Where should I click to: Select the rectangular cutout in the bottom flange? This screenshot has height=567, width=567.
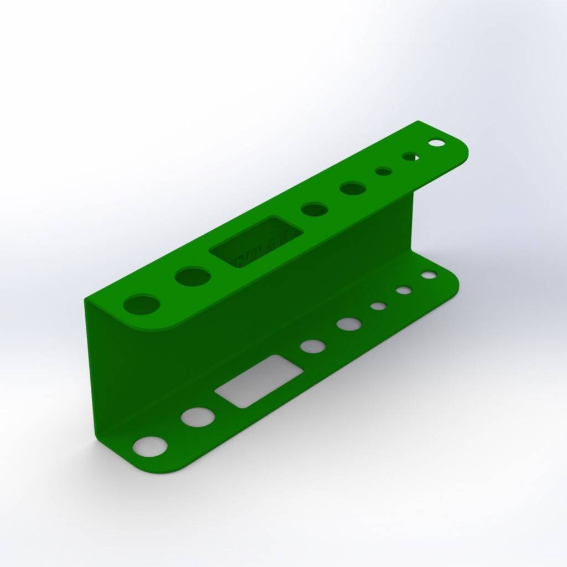coord(259,380)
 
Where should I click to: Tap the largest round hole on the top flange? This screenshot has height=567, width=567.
coord(142,304)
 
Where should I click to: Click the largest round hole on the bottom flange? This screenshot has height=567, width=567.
coord(150,446)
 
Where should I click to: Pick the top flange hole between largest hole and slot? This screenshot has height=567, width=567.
coord(192,276)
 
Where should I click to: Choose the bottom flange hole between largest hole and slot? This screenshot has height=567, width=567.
coord(198,417)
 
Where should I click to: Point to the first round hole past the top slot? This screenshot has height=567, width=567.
coord(314,209)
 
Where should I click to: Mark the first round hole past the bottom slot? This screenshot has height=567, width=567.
coord(313,346)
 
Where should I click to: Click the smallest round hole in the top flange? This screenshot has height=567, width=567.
coord(383,171)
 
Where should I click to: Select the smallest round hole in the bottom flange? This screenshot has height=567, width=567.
coord(378,306)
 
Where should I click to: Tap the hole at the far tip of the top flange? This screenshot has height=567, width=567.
coord(436,143)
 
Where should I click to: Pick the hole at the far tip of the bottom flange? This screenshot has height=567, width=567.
coord(429,275)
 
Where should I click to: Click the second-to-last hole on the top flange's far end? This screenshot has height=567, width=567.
coord(410,157)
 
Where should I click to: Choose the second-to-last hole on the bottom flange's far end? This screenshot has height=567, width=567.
coord(404,290)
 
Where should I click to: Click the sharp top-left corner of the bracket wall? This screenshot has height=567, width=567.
coord(86,300)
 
